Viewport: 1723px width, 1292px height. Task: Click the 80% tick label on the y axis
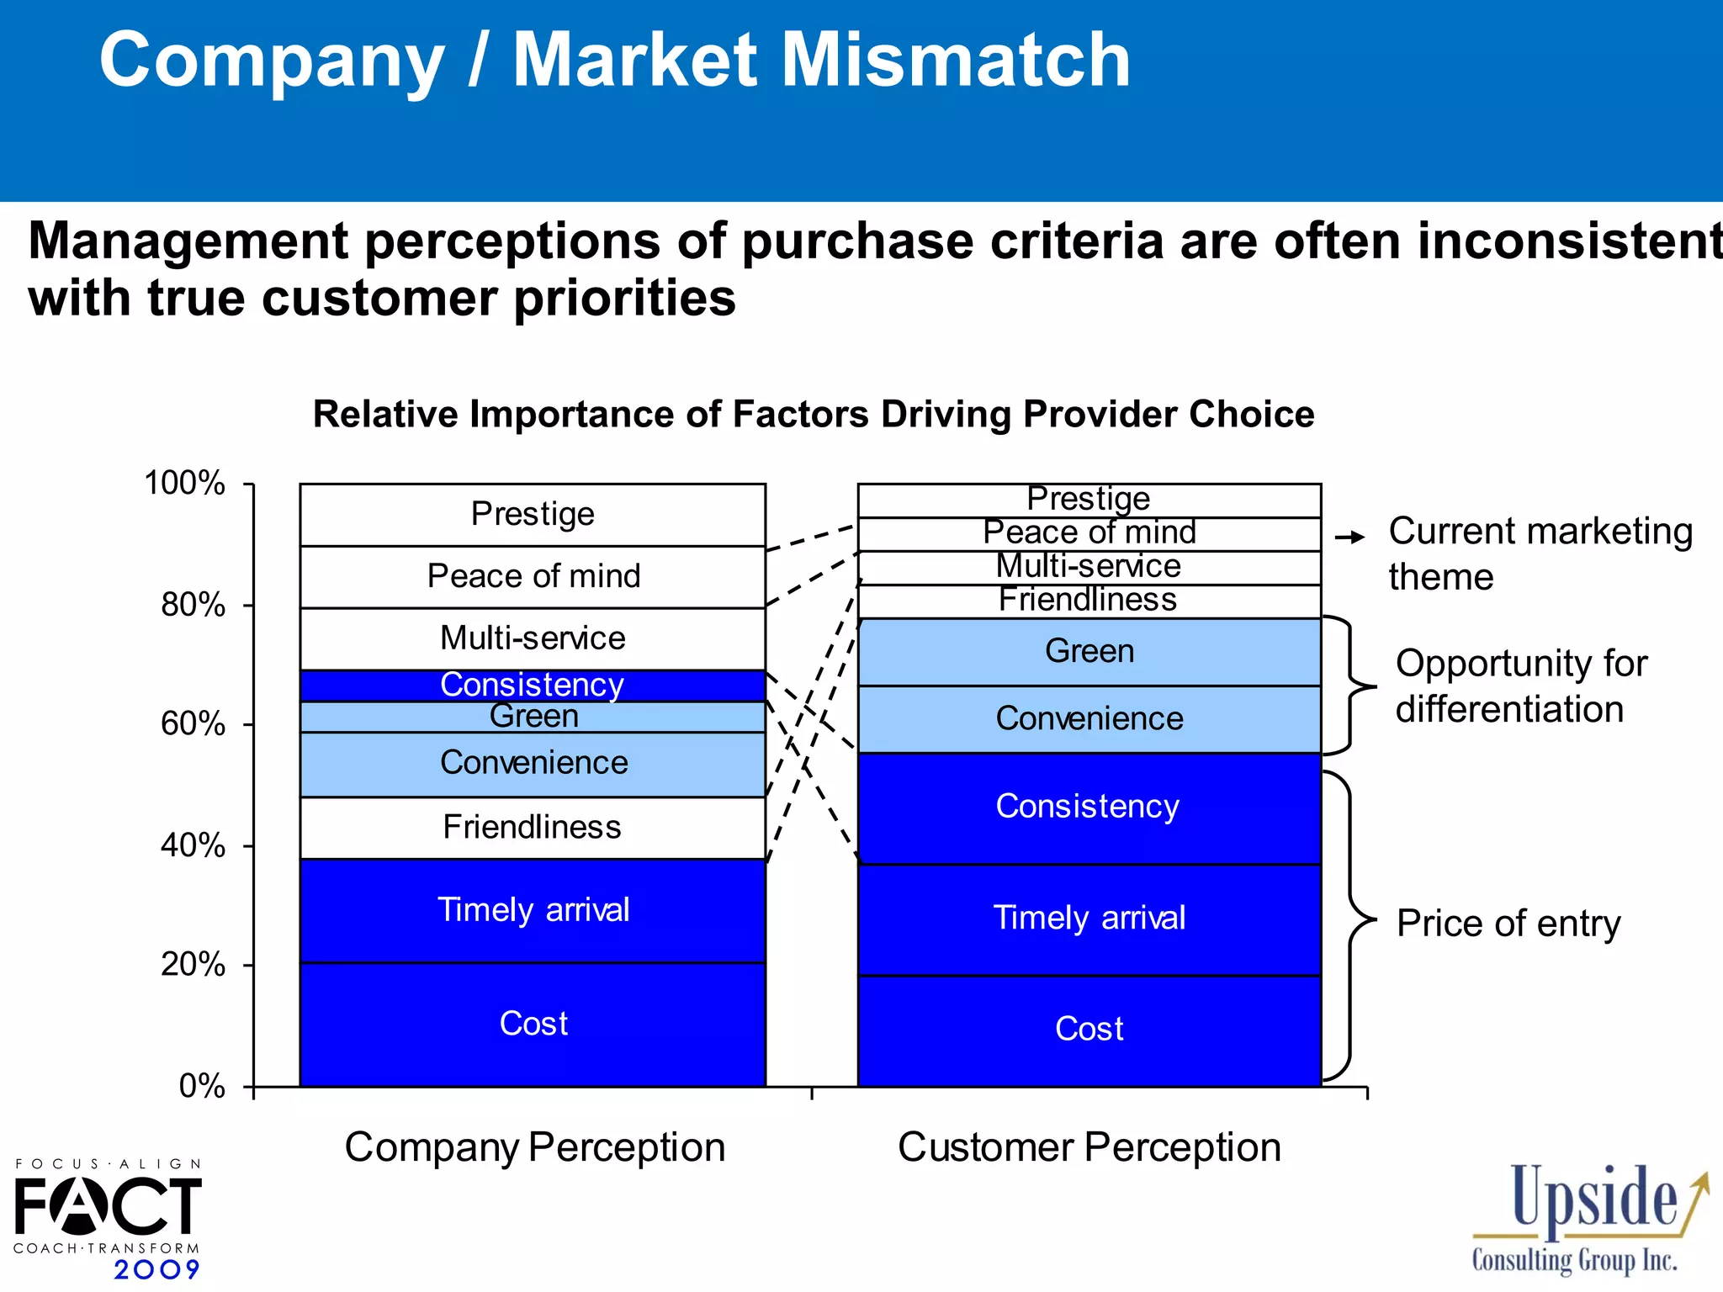[x=193, y=605]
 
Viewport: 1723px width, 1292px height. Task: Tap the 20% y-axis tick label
[x=193, y=964]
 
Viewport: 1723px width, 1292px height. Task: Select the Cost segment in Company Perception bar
[x=533, y=1024]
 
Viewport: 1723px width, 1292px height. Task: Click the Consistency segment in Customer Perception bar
[x=1089, y=807]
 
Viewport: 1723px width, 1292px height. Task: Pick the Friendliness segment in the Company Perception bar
[x=533, y=828]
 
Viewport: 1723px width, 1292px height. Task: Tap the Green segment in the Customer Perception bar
[x=1089, y=652]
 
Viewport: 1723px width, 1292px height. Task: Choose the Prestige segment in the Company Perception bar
[x=533, y=514]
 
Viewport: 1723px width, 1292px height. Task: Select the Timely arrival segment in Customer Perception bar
[x=1089, y=919]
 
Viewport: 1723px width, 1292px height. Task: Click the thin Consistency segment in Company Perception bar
[x=533, y=685]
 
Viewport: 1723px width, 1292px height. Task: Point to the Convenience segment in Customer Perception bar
[x=1089, y=719]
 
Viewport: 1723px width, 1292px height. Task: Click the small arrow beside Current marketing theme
[x=1350, y=537]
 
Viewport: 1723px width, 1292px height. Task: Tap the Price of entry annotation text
[x=1508, y=924]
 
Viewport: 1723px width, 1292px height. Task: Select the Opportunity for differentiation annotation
[x=1520, y=686]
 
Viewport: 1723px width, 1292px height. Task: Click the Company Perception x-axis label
[x=534, y=1147]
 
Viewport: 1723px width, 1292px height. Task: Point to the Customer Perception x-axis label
[x=1089, y=1147]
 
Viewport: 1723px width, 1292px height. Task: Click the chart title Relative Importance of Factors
[x=813, y=415]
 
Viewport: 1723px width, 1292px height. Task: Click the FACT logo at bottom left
[x=108, y=1205]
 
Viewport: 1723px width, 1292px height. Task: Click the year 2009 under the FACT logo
[x=156, y=1269]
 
